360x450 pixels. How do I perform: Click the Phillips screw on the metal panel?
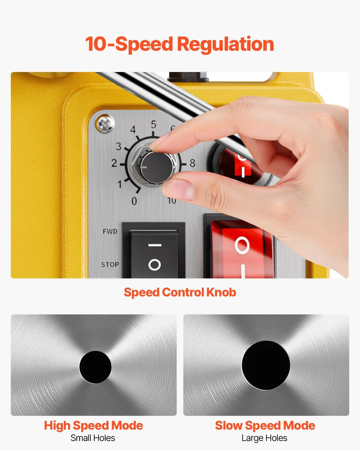point(105,124)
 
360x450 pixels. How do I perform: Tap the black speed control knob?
point(157,167)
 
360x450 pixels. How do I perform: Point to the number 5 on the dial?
point(153,125)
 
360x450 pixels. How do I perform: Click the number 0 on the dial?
point(134,201)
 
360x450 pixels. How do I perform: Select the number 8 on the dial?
point(192,163)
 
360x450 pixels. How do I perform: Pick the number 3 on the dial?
point(119,147)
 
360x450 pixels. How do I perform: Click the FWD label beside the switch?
point(110,231)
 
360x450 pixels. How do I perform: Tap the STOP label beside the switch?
point(110,264)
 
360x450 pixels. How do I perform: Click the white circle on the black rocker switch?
point(154,264)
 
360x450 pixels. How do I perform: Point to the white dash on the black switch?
point(155,245)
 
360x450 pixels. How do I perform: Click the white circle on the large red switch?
point(242,246)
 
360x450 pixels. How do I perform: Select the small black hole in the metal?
point(95,367)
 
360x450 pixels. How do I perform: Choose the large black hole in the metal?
point(266,365)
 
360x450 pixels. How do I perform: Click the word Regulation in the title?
point(225,44)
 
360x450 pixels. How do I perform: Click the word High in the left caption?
point(57,426)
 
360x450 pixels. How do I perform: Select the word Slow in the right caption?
point(229,425)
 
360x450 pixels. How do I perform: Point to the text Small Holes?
point(93,438)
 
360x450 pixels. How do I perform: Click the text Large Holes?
point(264,438)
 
